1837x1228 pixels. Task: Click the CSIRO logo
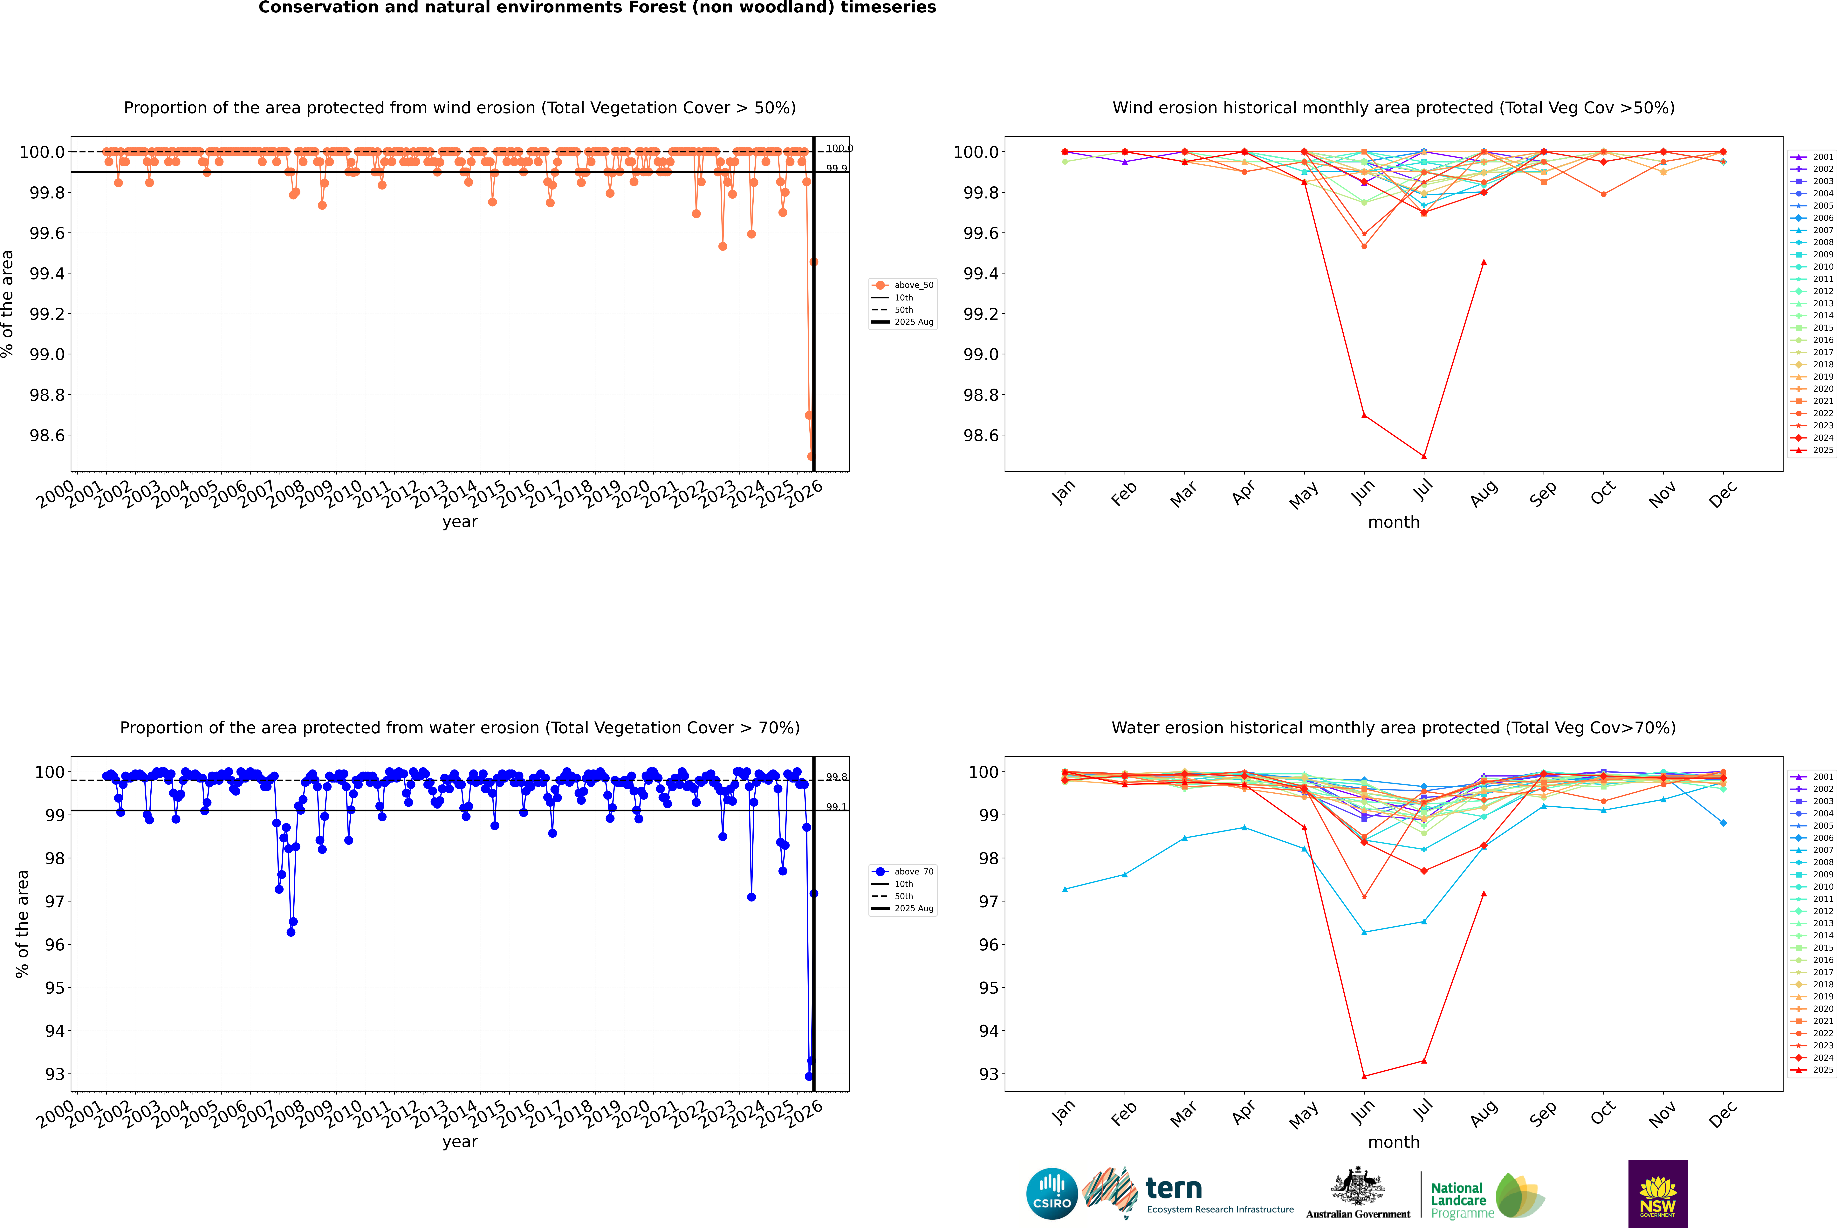[1052, 1194]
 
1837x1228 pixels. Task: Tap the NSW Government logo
[1658, 1194]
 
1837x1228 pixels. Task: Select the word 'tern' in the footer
[1173, 1189]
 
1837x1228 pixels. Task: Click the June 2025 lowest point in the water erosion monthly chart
[1364, 1076]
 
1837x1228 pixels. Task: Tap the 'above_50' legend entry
[913, 285]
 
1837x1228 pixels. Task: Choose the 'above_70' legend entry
[913, 872]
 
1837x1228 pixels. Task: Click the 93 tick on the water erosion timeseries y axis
[55, 1074]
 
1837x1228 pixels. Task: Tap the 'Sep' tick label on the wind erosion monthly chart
[1543, 493]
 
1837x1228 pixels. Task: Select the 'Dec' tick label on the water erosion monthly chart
[1723, 1114]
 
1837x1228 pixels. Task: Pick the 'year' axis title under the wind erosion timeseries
[460, 522]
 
